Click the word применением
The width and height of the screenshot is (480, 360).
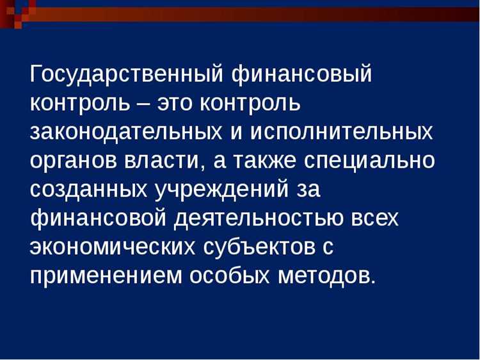(x=106, y=275)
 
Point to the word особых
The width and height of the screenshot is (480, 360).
(x=230, y=275)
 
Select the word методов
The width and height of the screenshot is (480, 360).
(x=326, y=275)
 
